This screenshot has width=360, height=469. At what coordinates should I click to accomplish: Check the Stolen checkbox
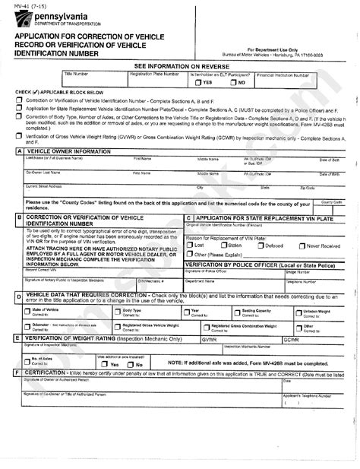225,246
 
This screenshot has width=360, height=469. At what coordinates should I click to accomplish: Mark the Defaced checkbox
261,246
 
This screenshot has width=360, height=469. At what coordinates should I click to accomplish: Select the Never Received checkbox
302,246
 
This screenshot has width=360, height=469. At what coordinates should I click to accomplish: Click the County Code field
331,205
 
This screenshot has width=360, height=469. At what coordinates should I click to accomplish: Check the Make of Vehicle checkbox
27,312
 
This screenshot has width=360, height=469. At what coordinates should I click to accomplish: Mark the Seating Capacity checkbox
236,312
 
